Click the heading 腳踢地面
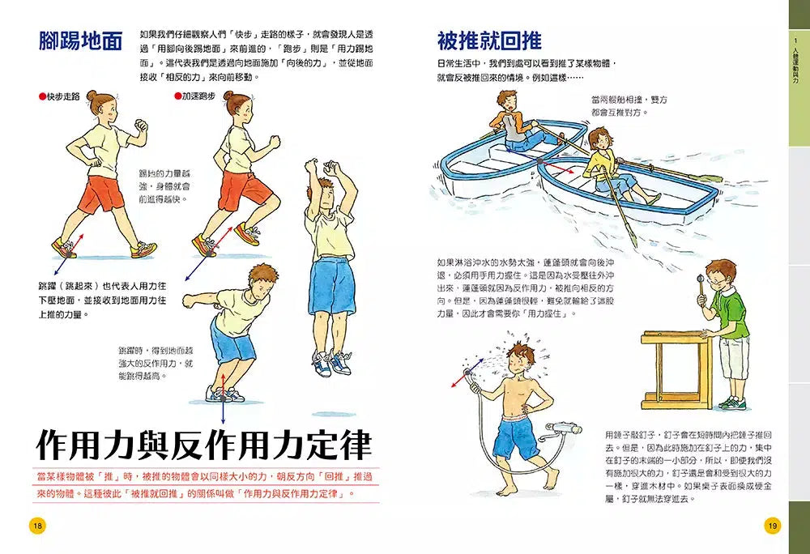80,40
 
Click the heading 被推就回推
489,40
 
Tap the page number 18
37,526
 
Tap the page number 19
772,526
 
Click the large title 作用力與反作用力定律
204,445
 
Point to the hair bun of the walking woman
92,96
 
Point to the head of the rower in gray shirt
508,101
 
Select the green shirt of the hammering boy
727,315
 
